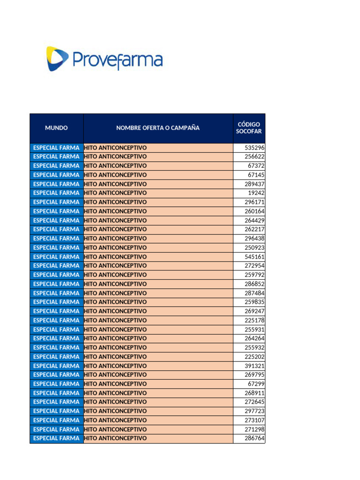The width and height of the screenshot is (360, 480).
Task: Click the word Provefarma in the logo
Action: coord(117,60)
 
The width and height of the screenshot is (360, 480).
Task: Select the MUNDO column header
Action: coord(56,128)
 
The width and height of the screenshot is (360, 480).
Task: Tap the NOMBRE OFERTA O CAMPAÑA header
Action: coord(158,128)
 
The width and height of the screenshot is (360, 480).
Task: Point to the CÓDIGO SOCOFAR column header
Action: coord(249,128)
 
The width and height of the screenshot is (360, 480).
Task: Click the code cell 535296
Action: coord(255,148)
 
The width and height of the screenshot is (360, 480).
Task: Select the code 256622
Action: coord(255,157)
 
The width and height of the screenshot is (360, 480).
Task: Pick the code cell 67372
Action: coord(256,166)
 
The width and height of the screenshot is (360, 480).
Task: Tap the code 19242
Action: coord(256,193)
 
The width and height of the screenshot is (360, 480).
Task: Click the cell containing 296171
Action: coord(255,202)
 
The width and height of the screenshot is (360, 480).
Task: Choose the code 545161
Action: coord(255,257)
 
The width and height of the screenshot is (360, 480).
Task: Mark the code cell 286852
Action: coord(255,284)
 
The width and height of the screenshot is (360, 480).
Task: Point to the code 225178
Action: coord(255,321)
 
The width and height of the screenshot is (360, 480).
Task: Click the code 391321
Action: coord(255,366)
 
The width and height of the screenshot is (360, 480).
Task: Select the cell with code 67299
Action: coord(256,384)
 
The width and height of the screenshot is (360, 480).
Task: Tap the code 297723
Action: coord(255,411)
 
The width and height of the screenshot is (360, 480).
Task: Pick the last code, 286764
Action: coord(255,439)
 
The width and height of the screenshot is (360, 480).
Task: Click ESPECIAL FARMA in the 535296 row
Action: coord(56,148)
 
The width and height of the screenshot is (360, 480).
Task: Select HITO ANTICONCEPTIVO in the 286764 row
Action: coord(115,439)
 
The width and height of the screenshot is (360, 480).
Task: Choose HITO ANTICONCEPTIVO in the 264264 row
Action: coord(115,338)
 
